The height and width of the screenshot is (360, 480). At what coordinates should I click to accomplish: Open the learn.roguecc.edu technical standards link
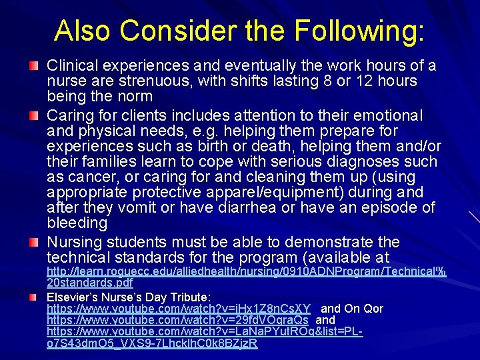(246, 272)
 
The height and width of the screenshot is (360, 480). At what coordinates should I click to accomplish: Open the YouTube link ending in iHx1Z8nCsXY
(179, 309)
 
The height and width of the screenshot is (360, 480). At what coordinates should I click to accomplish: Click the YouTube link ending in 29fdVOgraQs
(178, 320)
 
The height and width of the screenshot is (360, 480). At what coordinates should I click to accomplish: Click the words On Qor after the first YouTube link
(363, 309)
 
